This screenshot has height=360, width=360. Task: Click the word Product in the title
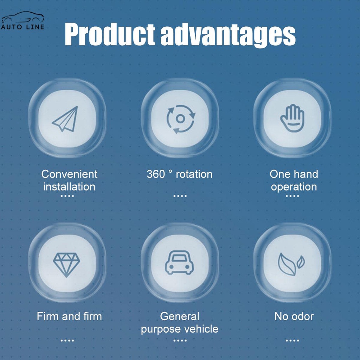(110, 34)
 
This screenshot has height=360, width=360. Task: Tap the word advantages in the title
(228, 36)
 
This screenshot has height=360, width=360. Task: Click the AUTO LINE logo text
(22, 27)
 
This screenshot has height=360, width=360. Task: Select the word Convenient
(69, 174)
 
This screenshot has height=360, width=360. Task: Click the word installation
(69, 187)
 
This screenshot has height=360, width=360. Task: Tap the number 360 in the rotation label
(156, 174)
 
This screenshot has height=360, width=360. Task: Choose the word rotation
(194, 174)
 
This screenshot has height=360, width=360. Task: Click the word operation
(294, 187)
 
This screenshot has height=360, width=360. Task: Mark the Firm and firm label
(69, 316)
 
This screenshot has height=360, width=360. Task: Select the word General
(180, 316)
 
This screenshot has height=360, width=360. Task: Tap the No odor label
(294, 316)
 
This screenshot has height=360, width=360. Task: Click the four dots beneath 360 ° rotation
(180, 196)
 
